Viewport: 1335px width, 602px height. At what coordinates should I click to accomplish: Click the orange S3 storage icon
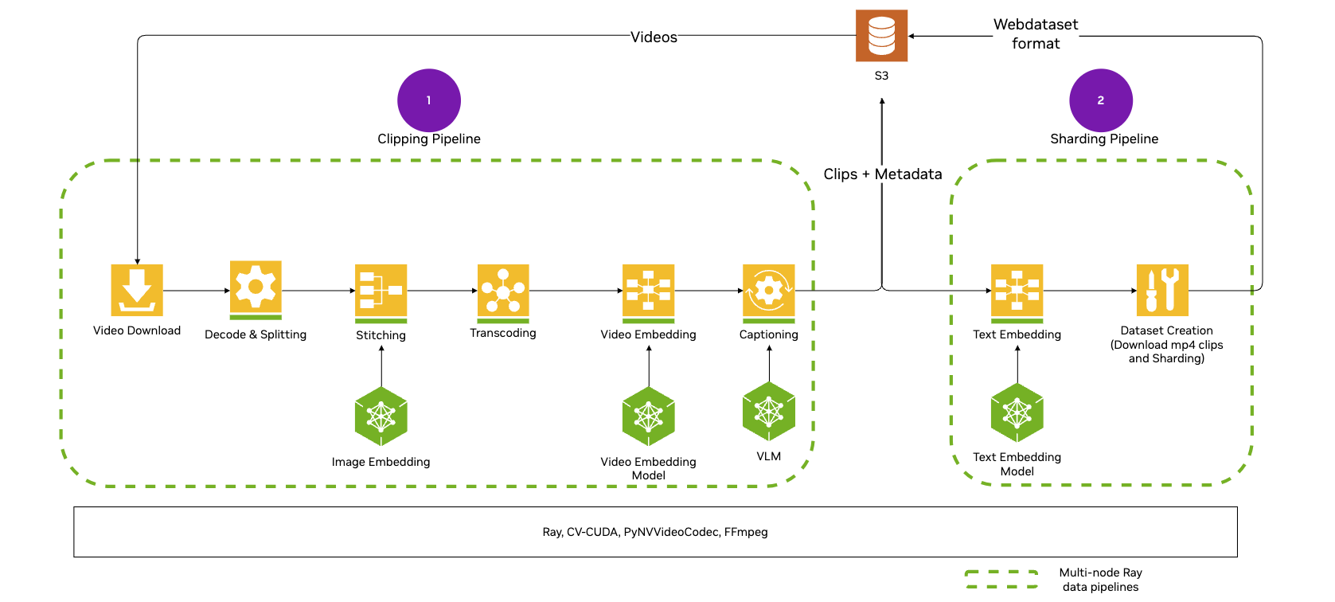[x=881, y=36]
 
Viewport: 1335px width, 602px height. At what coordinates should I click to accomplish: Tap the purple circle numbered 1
[x=429, y=100]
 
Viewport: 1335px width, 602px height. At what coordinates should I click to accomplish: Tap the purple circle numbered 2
[x=1101, y=100]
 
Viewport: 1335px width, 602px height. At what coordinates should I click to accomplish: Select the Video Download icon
[x=137, y=290]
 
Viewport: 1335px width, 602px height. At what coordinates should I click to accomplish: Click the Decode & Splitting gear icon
[x=256, y=287]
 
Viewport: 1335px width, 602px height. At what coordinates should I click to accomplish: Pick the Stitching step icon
[x=381, y=291]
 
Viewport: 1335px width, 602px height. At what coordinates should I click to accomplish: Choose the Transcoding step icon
[x=503, y=291]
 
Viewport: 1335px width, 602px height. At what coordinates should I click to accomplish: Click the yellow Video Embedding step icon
[x=648, y=291]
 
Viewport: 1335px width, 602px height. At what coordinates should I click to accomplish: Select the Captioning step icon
[x=768, y=291]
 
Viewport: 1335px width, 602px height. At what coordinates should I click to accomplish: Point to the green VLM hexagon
[x=768, y=412]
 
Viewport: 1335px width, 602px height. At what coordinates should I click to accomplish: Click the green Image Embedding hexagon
[x=381, y=416]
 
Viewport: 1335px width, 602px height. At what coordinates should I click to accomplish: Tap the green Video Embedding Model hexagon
[x=648, y=416]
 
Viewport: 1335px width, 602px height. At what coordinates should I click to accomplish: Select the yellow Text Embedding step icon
[x=1017, y=291]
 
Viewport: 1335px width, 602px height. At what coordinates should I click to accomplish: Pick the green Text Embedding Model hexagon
[x=1017, y=412]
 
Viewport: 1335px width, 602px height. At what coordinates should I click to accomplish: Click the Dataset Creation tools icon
[x=1162, y=290]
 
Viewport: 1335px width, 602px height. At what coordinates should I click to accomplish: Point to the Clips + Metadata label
[x=882, y=174]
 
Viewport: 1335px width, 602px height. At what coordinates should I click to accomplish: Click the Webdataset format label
[x=1036, y=34]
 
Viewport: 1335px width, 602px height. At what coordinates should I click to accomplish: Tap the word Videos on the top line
[x=654, y=37]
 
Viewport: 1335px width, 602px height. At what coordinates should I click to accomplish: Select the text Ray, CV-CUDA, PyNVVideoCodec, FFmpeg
[x=655, y=532]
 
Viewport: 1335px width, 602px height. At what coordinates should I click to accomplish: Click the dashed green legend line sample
[x=1001, y=579]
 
